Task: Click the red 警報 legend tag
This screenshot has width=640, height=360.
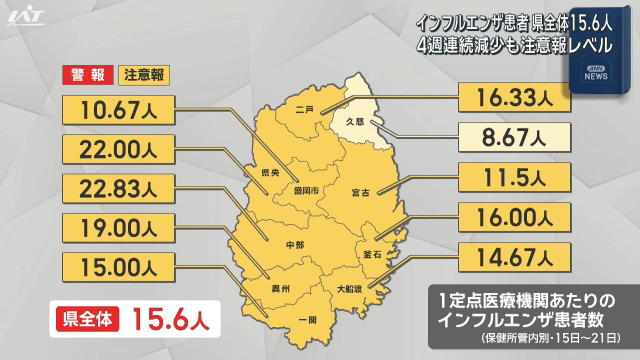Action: [x=87, y=74]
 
